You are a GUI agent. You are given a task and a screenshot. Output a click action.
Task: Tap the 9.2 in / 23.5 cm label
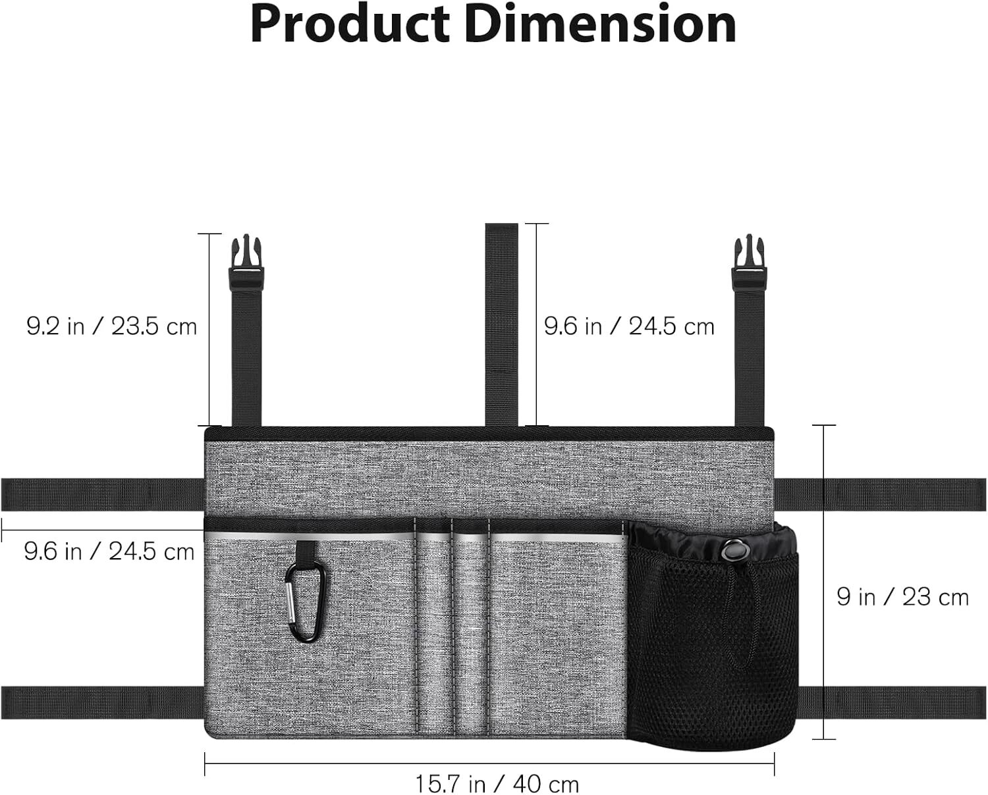(x=111, y=326)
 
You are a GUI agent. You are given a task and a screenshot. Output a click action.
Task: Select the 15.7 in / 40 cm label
(x=497, y=784)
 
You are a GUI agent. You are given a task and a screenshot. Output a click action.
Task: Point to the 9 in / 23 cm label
(x=902, y=598)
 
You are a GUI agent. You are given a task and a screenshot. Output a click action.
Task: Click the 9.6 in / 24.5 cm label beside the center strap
(x=630, y=326)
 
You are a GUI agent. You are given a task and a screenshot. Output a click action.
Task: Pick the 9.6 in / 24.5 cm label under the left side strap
(x=109, y=551)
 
